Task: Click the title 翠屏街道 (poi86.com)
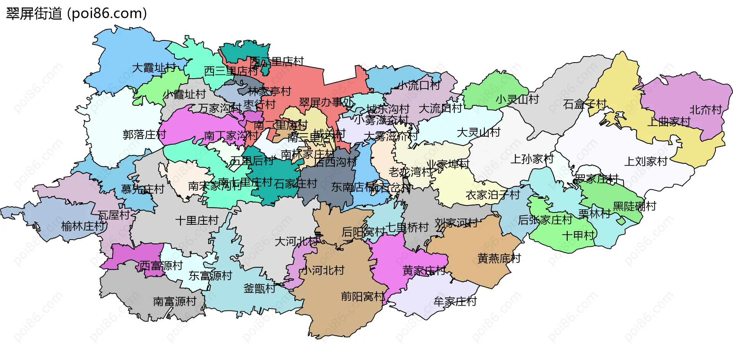coord(76,14)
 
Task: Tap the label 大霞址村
coord(154,68)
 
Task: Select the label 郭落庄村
coord(144,135)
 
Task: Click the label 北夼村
coord(706,110)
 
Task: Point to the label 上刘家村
coord(646,161)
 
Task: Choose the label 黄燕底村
coord(499,258)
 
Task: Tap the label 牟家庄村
coord(455,301)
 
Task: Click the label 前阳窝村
coord(363,296)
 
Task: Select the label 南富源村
coord(174,301)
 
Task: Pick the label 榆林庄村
coord(83,226)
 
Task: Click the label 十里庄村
coord(197,220)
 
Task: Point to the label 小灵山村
coord(517,99)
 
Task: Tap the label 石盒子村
coord(584,104)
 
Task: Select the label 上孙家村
coord(532,159)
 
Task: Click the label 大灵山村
coord(478,132)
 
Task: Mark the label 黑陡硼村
coord(634,206)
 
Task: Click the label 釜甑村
coord(259,288)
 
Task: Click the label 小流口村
coord(419,85)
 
